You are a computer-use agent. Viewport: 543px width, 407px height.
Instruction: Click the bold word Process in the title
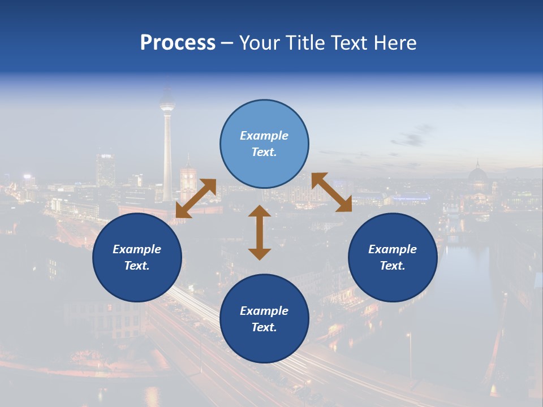(178, 43)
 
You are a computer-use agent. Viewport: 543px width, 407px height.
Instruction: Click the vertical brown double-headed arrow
(260, 232)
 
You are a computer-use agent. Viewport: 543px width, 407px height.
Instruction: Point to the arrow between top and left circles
(196, 198)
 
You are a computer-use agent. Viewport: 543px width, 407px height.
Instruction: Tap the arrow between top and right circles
(331, 193)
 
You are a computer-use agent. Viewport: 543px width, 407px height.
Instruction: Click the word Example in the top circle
(264, 136)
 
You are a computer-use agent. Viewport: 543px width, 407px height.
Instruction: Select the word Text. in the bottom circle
(264, 327)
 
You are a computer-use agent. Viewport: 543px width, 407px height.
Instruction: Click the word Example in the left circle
(137, 249)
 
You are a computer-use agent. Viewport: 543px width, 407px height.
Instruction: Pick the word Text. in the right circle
(393, 266)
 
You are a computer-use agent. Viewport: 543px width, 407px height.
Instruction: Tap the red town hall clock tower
(188, 180)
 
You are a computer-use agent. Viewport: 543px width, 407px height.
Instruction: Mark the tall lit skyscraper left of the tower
(105, 169)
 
